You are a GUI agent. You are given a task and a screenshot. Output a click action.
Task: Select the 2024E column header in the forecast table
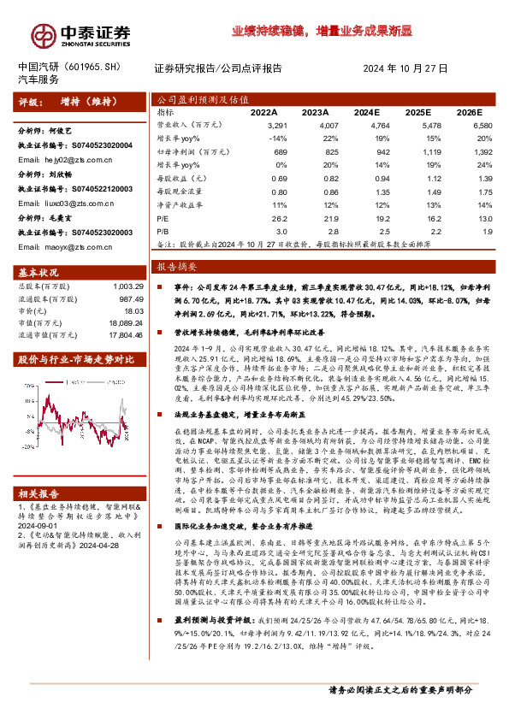pyautogui.click(x=365, y=112)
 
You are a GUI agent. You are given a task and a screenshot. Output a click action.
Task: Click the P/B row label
pyautogui.click(x=164, y=231)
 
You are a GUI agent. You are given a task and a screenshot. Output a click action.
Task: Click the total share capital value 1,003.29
pyautogui.click(x=117, y=286)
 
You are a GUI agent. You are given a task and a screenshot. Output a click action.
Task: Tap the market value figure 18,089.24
pyautogui.click(x=116, y=326)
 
